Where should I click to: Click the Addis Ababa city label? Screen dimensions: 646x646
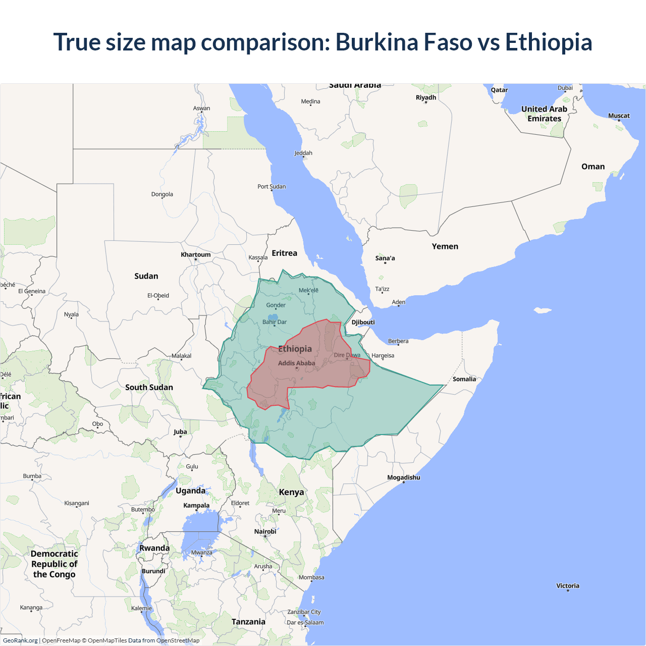point(296,363)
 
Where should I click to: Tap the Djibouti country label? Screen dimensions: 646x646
point(363,322)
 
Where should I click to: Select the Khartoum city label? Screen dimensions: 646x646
point(196,254)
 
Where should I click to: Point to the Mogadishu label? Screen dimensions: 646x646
point(403,477)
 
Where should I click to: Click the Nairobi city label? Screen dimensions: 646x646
point(265,531)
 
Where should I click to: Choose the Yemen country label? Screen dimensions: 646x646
point(445,246)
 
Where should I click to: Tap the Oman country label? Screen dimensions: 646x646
point(593,167)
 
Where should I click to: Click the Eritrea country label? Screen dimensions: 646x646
point(284,253)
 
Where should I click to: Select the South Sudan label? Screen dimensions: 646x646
point(149,387)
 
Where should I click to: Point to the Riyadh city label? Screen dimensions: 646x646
point(425,97)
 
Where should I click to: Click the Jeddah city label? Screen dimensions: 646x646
point(303,153)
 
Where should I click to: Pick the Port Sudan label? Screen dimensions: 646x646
point(272,186)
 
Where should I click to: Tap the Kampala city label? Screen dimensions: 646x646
point(196,505)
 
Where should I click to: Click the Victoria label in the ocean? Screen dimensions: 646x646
point(568,586)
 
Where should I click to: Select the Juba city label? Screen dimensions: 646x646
point(180,432)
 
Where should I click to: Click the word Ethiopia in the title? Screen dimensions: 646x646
point(549,42)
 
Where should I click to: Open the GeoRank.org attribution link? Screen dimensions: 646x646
point(20,640)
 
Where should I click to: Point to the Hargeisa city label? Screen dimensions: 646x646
point(383,355)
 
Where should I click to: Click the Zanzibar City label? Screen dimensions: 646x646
point(304,612)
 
